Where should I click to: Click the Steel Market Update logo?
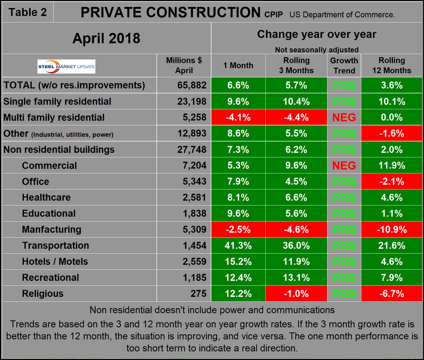point(66,67)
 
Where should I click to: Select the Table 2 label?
point(27,12)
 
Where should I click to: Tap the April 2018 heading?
point(106,38)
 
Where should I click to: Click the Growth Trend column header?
point(344,66)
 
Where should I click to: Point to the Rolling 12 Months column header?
point(392,66)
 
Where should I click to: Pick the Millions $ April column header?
point(184,66)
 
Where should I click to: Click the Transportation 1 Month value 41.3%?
point(238,246)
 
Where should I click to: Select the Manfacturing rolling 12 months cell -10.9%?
point(392,230)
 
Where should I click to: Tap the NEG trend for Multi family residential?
point(344,118)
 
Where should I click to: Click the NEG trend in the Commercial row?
point(344,165)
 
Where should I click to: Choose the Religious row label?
point(43,293)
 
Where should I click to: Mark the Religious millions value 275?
point(198,293)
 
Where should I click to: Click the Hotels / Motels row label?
point(55,261)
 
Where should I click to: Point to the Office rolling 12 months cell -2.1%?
point(392,182)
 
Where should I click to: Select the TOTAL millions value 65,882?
point(192,85)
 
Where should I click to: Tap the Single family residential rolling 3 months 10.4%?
point(296,102)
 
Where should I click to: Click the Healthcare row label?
point(46,198)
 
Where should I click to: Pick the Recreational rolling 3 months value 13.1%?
point(296,277)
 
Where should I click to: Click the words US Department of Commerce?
point(342,15)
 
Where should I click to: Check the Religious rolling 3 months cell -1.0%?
point(296,293)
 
